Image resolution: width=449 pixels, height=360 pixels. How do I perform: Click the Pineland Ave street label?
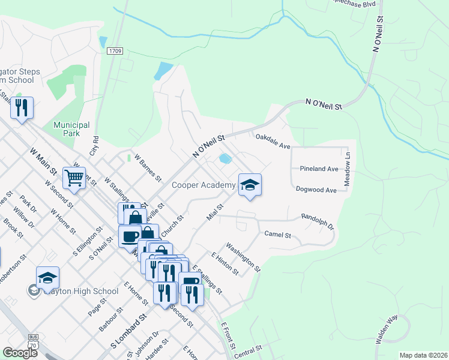(320, 169)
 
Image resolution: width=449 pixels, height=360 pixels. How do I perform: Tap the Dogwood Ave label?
(316, 190)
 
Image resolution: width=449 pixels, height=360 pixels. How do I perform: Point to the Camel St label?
(277, 235)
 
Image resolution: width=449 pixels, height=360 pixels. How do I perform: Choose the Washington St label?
(243, 257)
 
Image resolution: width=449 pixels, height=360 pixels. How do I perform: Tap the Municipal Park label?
(71, 129)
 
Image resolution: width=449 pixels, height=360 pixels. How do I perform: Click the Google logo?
(20, 353)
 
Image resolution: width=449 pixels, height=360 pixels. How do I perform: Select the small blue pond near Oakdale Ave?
(225, 159)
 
